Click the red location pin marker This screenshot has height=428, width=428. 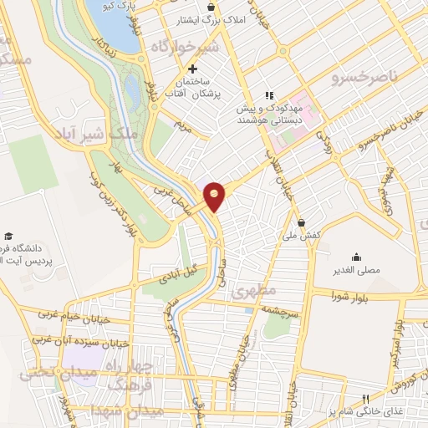215,196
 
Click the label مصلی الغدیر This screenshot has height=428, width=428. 358,272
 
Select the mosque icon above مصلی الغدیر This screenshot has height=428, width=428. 358,257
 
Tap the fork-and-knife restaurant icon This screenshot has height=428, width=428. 364,399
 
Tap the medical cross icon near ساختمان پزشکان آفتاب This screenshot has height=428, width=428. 193,69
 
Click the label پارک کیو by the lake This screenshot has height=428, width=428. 141,8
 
